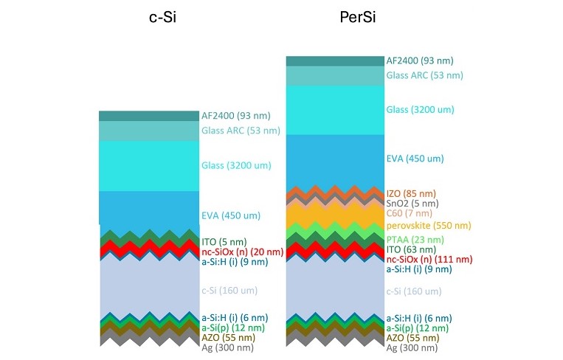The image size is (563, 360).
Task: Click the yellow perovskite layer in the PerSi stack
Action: point(335,215)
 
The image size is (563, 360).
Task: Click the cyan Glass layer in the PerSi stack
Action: point(335,109)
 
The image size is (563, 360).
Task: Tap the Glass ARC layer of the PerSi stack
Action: point(335,75)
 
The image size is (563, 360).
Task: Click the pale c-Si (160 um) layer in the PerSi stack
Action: point(335,291)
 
